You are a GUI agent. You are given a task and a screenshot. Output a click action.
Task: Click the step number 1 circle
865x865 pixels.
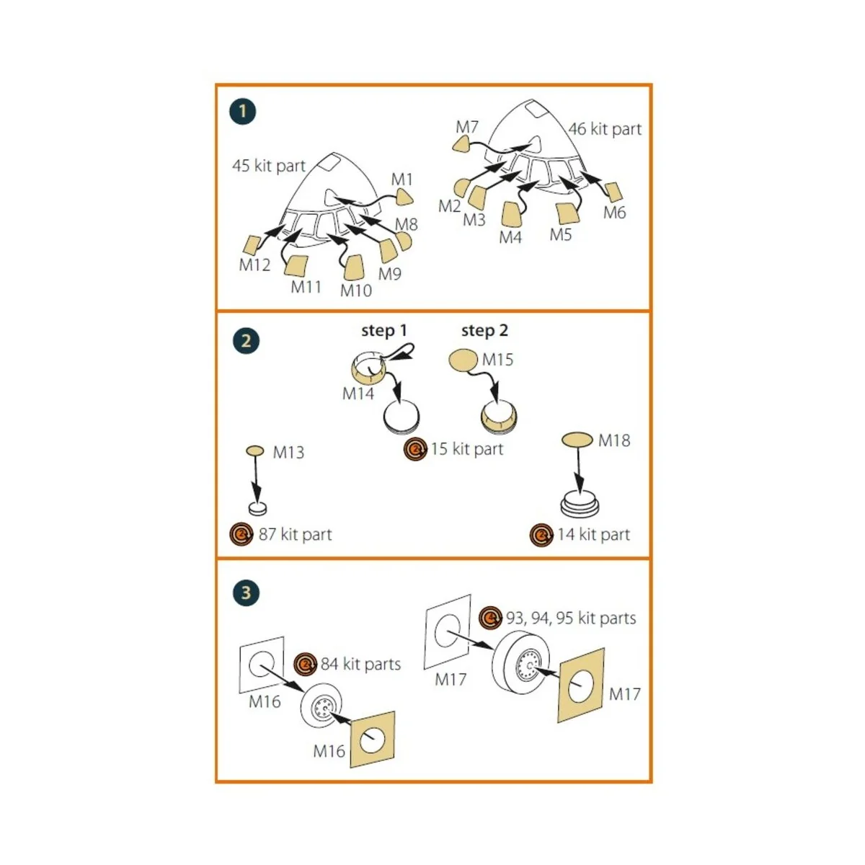(243, 111)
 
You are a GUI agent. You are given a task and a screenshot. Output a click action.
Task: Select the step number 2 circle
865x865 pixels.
(246, 340)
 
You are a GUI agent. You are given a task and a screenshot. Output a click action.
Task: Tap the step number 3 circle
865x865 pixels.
(246, 593)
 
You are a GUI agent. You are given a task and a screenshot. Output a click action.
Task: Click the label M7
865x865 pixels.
(467, 127)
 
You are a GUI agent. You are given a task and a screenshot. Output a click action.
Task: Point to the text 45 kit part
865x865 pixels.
(269, 166)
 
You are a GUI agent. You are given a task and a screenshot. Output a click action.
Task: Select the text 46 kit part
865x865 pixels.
(605, 129)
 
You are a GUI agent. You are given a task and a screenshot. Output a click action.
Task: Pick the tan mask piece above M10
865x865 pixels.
(354, 267)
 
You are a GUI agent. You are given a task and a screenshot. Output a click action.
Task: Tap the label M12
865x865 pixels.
(254, 265)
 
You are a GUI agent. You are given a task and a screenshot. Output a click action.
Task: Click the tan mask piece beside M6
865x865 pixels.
(613, 192)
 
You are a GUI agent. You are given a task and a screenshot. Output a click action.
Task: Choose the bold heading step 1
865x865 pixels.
(383, 330)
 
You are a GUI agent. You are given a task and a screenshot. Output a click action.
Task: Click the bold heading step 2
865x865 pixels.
(484, 330)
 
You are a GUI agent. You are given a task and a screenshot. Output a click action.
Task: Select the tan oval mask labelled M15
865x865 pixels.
(463, 360)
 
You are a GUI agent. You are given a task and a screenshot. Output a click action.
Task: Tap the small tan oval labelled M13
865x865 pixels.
(255, 451)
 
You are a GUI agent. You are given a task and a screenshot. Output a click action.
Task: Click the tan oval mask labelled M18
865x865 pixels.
(577, 439)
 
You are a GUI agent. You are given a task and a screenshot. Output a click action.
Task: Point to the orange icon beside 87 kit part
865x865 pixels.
(241, 534)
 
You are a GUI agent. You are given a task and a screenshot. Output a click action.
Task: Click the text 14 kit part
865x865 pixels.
(593, 534)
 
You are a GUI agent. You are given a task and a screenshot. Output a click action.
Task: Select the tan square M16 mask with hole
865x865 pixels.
(372, 740)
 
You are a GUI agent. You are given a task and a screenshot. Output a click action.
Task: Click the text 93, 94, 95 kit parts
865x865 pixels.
(571, 618)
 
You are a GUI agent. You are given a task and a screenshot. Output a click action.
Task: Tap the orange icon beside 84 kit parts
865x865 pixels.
(306, 664)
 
